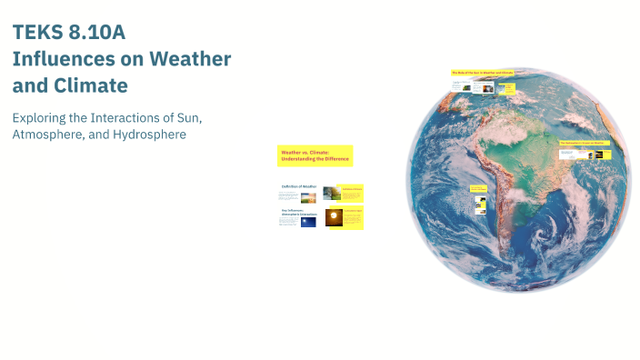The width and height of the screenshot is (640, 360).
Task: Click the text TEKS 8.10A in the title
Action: point(68,33)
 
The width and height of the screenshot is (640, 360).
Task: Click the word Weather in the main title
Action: point(192,59)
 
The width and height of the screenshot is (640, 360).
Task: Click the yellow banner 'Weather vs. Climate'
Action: point(315,155)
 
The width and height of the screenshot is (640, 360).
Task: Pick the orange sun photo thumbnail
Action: point(334,217)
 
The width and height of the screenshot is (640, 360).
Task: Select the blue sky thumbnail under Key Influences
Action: point(308,221)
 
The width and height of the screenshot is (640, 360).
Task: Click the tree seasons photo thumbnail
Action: point(332,193)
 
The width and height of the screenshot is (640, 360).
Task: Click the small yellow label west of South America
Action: point(478,189)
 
